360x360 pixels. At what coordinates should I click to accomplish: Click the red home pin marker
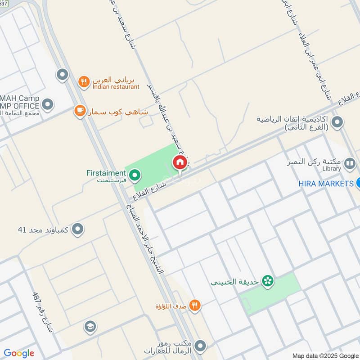click(180, 163)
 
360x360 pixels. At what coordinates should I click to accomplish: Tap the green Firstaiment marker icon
click(134, 175)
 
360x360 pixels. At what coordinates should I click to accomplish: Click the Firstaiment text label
click(106, 173)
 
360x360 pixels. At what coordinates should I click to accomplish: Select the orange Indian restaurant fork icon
click(83, 82)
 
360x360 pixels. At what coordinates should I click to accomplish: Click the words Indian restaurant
click(116, 87)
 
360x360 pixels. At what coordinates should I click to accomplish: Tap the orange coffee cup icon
click(80, 110)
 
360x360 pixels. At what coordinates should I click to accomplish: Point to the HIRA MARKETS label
click(326, 184)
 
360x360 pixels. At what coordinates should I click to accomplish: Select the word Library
click(332, 169)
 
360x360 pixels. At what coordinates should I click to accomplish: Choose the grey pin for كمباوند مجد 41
click(78, 229)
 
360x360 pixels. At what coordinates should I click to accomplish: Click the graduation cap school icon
click(90, 327)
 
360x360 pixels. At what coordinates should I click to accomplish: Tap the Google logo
click(19, 353)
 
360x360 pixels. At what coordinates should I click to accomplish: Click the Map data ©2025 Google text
click(324, 355)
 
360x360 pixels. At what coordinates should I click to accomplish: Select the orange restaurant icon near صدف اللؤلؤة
click(194, 306)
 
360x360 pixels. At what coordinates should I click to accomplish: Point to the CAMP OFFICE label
click(20, 106)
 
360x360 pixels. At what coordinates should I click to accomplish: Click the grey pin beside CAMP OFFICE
click(48, 105)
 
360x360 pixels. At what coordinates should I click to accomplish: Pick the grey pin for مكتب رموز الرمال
click(201, 346)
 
